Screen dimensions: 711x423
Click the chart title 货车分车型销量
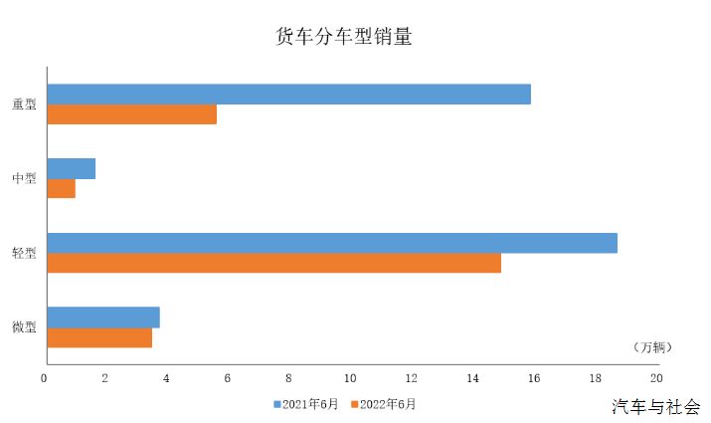[344, 36]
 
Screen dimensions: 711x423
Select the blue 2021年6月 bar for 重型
[288, 95]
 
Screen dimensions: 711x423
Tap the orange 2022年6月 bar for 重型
[132, 113]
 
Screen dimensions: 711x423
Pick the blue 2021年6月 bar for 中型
[72, 169]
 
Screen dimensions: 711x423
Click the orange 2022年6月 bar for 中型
[62, 188]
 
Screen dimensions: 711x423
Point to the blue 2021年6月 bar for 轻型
[332, 243]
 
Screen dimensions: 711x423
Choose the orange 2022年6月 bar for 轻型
[274, 263]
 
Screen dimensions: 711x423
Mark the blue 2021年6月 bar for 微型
[103, 317]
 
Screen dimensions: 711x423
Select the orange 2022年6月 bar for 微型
[99, 337]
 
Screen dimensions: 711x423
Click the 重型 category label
[24, 104]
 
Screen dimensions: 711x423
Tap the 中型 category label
[24, 178]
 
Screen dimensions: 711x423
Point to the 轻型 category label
[24, 253]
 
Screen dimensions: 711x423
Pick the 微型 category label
[24, 326]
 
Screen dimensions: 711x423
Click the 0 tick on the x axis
[44, 378]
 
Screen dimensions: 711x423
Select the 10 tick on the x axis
[350, 378]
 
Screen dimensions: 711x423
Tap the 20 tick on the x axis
[656, 378]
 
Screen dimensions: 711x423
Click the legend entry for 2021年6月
[306, 404]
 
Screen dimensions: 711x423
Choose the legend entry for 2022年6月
[384, 404]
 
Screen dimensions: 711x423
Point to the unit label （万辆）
[653, 347]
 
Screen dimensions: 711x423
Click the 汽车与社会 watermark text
[656, 407]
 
